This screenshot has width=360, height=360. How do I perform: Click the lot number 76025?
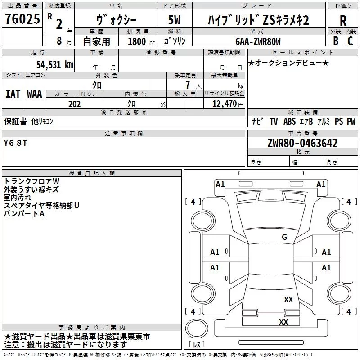[22, 19]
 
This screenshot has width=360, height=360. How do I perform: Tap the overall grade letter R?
[343, 21]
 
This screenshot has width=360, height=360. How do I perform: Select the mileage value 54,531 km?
[55, 65]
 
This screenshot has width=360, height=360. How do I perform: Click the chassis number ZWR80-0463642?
[302, 143]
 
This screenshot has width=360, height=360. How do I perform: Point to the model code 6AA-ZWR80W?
[258, 41]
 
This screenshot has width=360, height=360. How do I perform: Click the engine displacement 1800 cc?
[141, 42]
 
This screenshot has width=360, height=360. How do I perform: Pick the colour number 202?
[74, 104]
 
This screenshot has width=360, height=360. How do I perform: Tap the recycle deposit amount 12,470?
[224, 104]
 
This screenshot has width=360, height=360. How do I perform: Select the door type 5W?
[174, 20]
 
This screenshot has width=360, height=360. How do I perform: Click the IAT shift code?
[13, 94]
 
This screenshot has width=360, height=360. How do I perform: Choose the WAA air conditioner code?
[35, 94]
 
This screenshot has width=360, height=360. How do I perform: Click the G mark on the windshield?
[284, 237]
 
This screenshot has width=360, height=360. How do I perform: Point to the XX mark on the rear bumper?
[283, 322]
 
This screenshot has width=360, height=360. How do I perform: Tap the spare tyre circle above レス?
[197, 328]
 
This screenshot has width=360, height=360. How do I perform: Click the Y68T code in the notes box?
[15, 143]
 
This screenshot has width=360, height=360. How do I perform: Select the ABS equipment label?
[289, 121]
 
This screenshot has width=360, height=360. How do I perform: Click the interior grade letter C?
[350, 41]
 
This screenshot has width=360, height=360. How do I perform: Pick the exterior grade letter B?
[336, 41]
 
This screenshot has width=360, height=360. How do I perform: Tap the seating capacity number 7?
[188, 85]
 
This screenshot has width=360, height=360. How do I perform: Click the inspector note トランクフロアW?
[31, 181]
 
